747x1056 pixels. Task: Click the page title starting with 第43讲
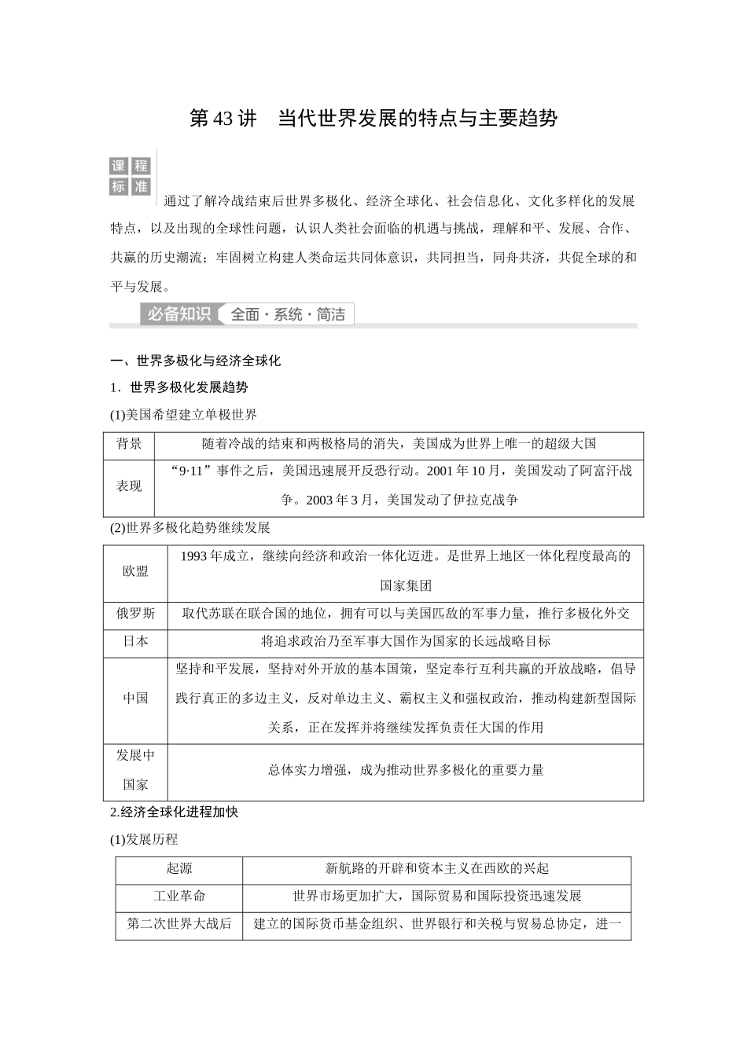[x=373, y=119]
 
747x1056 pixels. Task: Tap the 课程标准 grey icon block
[x=130, y=176]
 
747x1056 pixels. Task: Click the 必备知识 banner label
[x=179, y=314]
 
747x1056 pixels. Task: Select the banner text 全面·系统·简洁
[x=288, y=314]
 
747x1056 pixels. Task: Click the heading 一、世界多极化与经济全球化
[x=196, y=361]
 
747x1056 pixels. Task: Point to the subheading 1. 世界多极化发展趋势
[x=179, y=387]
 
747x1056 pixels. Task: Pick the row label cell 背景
[x=129, y=444]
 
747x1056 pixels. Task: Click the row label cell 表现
[x=129, y=486]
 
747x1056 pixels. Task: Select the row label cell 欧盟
[x=135, y=571]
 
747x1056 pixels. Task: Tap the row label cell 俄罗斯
[x=135, y=614]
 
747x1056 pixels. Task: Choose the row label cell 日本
[x=135, y=641]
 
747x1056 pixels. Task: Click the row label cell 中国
[x=135, y=698]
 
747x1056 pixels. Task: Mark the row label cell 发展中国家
[x=135, y=770]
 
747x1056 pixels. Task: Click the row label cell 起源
[x=179, y=868]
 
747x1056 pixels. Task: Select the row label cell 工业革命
[x=179, y=896]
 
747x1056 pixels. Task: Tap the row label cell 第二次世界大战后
[x=179, y=924]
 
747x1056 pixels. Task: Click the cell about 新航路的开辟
[x=436, y=868]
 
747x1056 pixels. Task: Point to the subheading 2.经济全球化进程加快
[x=174, y=812]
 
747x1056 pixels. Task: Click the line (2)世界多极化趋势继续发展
[x=190, y=527]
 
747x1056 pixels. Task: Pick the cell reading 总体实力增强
[x=406, y=770]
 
